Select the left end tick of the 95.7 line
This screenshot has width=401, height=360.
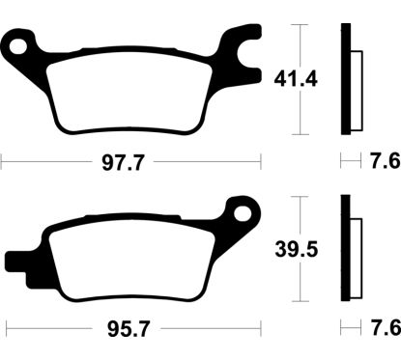pyautogui.click(x=2, y=328)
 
